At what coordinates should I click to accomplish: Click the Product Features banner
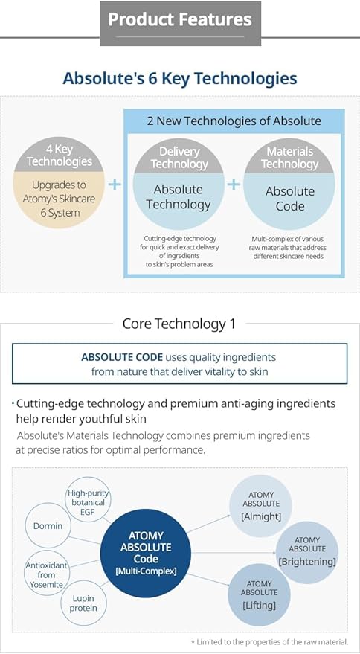[180, 20]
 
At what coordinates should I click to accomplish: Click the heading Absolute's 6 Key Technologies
[180, 78]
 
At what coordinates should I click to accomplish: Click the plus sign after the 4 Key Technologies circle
[114, 184]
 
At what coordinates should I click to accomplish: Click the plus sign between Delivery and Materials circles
[234, 184]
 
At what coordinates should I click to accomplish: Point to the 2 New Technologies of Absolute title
[234, 121]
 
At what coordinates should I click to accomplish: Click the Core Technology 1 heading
[179, 324]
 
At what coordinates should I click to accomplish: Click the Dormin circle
[48, 526]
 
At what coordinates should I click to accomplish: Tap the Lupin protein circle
[84, 603]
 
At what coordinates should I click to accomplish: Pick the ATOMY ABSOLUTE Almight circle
[261, 506]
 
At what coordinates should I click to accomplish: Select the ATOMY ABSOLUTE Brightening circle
[307, 552]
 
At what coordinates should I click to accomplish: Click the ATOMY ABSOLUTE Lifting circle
[259, 595]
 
